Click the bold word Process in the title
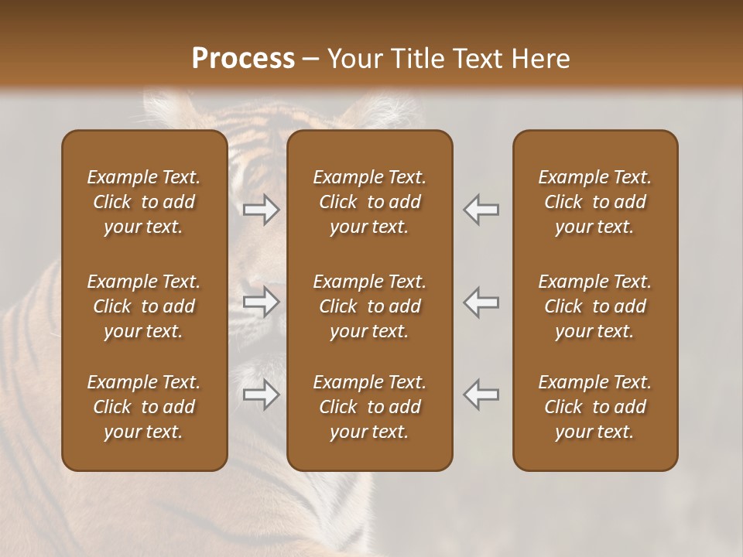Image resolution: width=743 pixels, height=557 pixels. pos(243,59)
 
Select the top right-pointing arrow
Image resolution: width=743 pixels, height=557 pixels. pos(262,209)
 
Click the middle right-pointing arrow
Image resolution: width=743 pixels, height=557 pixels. pos(262,302)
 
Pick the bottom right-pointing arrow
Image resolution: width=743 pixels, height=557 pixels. pos(262,395)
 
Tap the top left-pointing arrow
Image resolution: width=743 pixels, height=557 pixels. pos(481,209)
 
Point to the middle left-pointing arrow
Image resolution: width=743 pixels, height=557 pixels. pos(481,302)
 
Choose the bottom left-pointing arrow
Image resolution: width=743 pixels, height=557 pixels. pos(481,395)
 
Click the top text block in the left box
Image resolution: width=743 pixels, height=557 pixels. pos(144,202)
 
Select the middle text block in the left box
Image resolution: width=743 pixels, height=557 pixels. pos(144,306)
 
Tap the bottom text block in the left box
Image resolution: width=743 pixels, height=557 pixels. pos(144,407)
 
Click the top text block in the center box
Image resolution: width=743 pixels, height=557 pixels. pos(370,202)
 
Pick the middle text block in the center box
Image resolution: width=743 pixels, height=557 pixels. pos(370,306)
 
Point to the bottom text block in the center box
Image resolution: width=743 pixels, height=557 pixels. pos(370,407)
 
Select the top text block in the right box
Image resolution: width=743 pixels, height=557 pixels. pos(595,202)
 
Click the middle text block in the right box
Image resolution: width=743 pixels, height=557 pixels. pos(595,306)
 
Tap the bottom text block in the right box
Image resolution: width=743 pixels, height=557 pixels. pos(595,407)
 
